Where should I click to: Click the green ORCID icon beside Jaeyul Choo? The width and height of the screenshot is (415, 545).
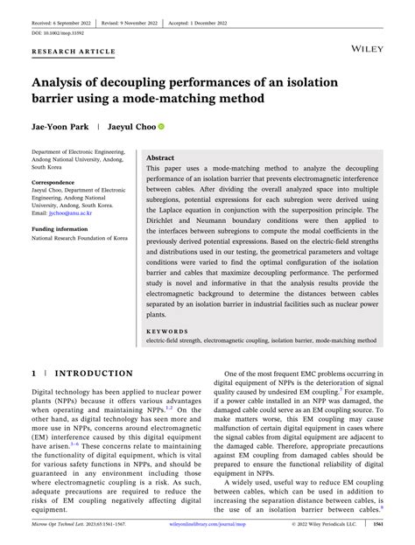[161, 126]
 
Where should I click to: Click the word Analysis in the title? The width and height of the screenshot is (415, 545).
[61, 81]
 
